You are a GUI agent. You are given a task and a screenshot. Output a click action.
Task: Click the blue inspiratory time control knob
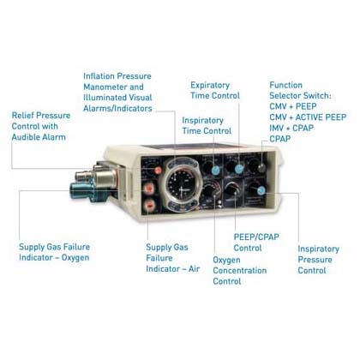[216, 170]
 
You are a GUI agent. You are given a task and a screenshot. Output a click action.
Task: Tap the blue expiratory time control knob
[239, 169]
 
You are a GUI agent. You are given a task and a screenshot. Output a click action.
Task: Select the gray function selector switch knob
[261, 168]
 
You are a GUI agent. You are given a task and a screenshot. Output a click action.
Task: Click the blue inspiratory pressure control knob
[261, 190]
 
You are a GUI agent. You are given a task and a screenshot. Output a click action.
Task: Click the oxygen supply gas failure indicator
[148, 188]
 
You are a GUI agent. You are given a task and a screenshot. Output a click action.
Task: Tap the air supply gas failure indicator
[149, 205]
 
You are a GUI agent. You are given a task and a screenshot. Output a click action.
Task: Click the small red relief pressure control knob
[158, 171]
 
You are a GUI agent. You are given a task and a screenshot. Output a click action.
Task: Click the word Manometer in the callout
[105, 87]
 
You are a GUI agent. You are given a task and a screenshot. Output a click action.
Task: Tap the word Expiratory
[210, 85]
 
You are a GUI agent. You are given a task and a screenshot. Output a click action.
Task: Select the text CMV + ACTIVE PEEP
[308, 117]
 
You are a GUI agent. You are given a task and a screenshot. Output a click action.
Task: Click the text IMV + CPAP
[291, 128]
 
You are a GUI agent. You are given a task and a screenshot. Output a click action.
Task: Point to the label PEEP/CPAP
[256, 237]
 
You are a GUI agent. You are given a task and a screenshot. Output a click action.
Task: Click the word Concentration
[240, 270]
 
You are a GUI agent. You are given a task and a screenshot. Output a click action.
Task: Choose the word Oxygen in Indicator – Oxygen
[75, 258]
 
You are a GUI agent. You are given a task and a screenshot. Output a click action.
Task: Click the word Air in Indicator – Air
[194, 269]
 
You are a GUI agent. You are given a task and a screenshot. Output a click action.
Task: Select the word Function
[285, 85]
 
